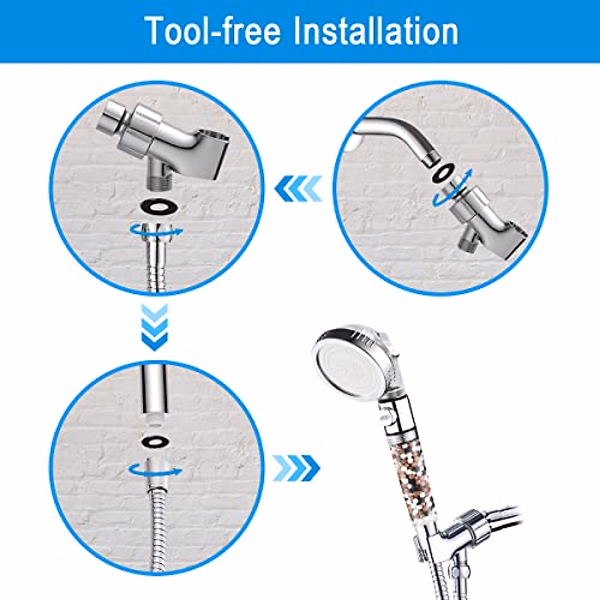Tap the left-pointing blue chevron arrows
click(x=298, y=189)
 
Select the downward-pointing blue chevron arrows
click(x=154, y=327)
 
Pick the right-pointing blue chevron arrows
click(x=296, y=468)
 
